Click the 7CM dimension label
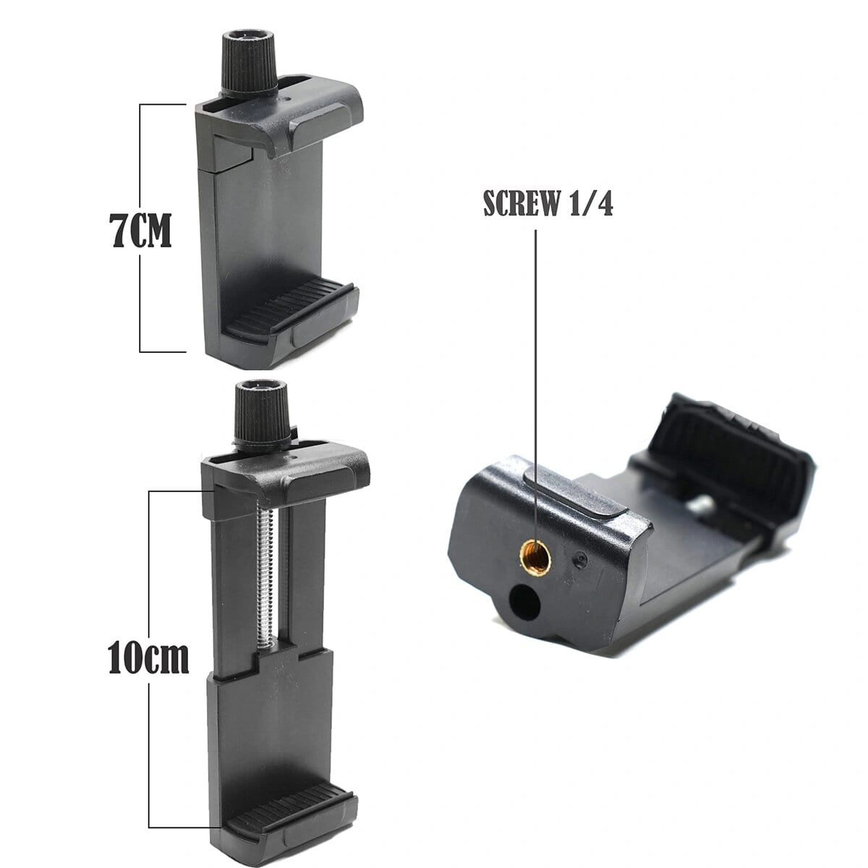[x=140, y=231]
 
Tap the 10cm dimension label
[x=149, y=658]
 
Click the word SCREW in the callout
[x=520, y=203]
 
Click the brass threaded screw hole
[x=536, y=556]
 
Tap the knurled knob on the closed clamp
[x=250, y=63]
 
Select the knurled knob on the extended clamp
[x=261, y=412]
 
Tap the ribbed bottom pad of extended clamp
[x=289, y=773]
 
